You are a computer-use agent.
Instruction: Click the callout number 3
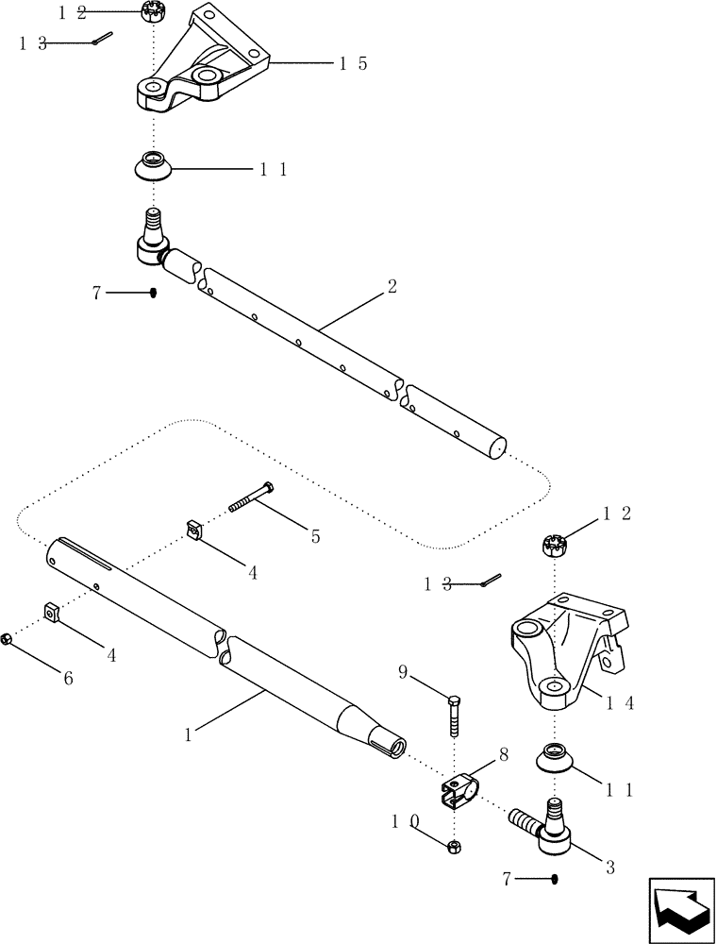tap(609, 868)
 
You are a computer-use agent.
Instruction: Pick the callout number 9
tap(402, 672)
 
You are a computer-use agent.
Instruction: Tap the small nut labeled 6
tap(7, 640)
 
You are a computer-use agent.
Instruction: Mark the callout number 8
tap(504, 755)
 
